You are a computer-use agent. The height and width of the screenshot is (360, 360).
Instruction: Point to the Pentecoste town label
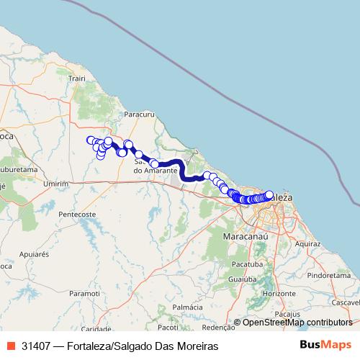click(x=78, y=215)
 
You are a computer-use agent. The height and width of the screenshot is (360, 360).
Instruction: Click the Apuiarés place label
click(x=33, y=254)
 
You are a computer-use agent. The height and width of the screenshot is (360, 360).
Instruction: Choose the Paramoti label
click(x=85, y=293)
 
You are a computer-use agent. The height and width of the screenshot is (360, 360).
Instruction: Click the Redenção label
click(x=220, y=326)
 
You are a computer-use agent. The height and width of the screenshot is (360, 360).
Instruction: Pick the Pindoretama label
click(x=327, y=275)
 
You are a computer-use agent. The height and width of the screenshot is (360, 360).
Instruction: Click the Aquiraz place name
click(x=307, y=244)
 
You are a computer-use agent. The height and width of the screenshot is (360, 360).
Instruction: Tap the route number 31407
click(x=36, y=346)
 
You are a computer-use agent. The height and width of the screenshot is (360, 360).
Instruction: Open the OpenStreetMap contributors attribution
click(x=297, y=323)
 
